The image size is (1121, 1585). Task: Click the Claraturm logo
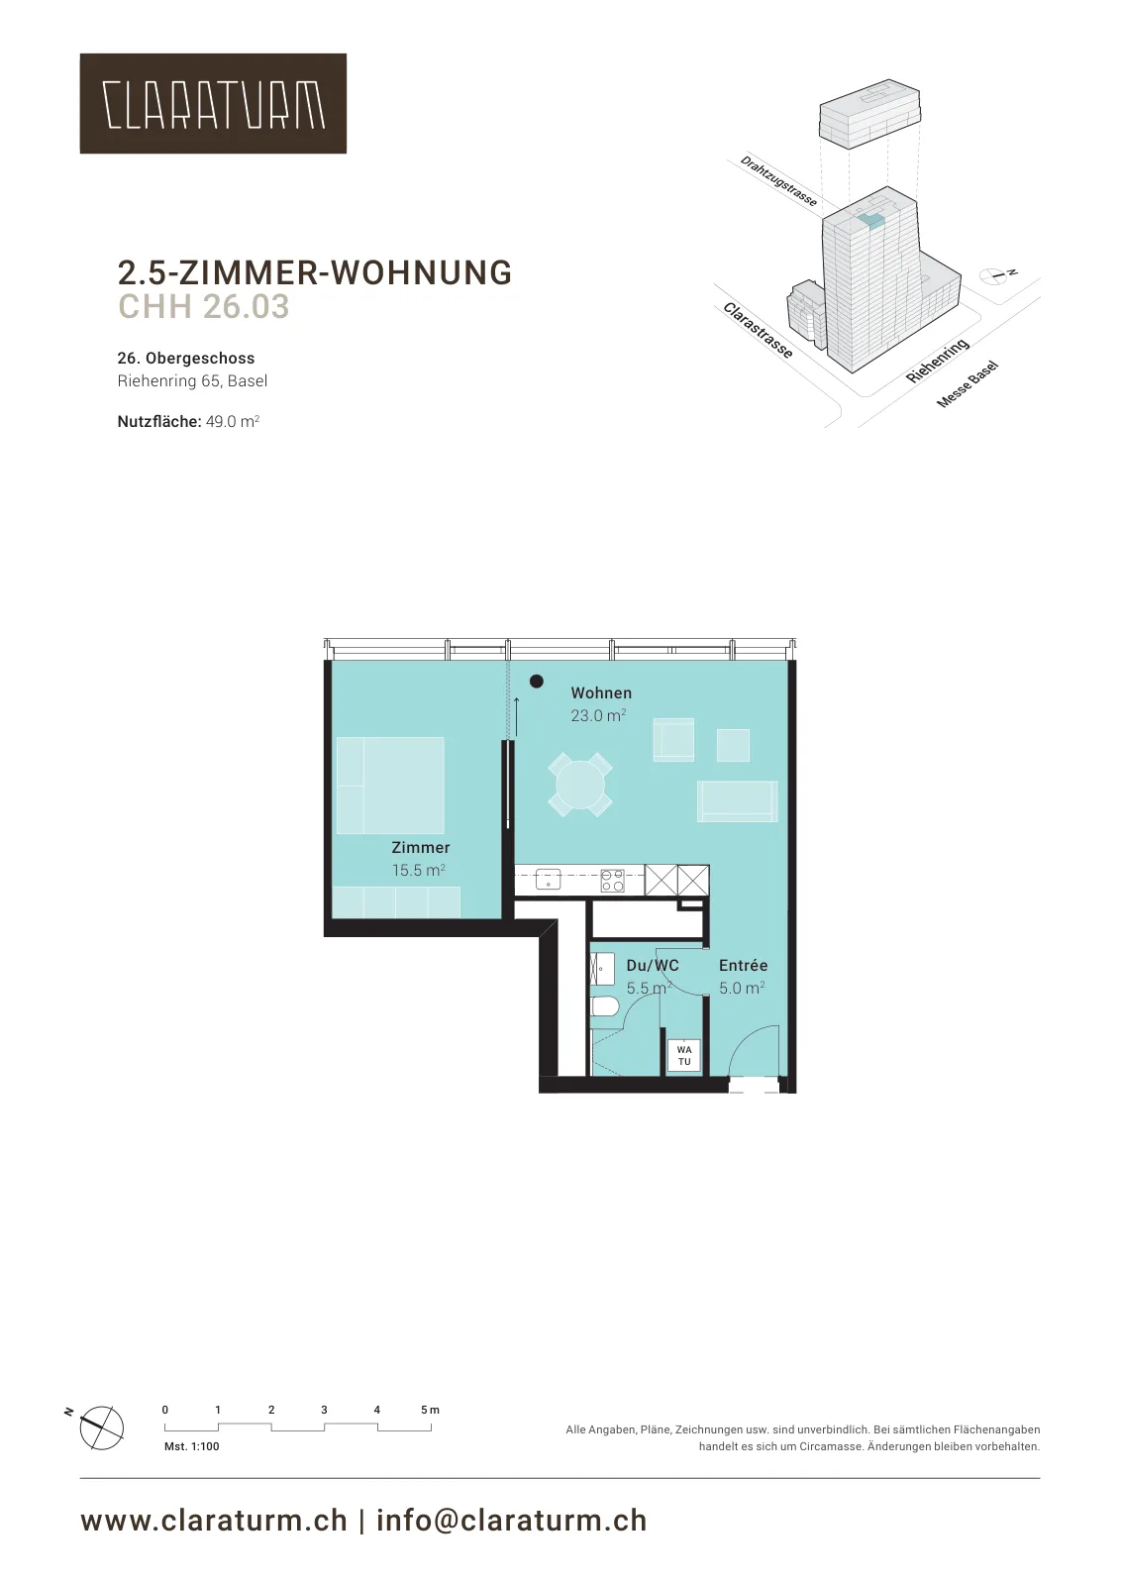[213, 103]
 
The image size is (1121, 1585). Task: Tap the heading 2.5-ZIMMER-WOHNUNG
[315, 272]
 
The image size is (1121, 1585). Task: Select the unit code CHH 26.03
[204, 306]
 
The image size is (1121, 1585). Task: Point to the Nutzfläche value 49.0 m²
[233, 422]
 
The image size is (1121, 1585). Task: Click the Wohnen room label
[601, 692]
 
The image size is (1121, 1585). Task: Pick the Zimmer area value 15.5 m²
[419, 870]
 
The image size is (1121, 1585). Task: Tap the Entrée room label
[744, 965]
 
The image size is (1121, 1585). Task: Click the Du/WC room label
[652, 965]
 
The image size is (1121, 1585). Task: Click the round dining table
[580, 785]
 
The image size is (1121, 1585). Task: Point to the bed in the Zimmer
[390, 786]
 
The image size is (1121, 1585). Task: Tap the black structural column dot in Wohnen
[537, 682]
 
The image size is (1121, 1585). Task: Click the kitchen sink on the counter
[549, 880]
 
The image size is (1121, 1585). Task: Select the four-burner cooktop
[612, 881]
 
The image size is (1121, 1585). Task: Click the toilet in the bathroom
[605, 1006]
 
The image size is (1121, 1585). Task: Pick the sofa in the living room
[737, 801]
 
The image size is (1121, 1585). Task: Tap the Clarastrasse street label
[758, 331]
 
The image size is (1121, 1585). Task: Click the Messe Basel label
[968, 384]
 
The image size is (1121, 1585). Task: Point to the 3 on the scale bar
[324, 1410]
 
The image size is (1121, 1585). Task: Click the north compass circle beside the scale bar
[102, 1427]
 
